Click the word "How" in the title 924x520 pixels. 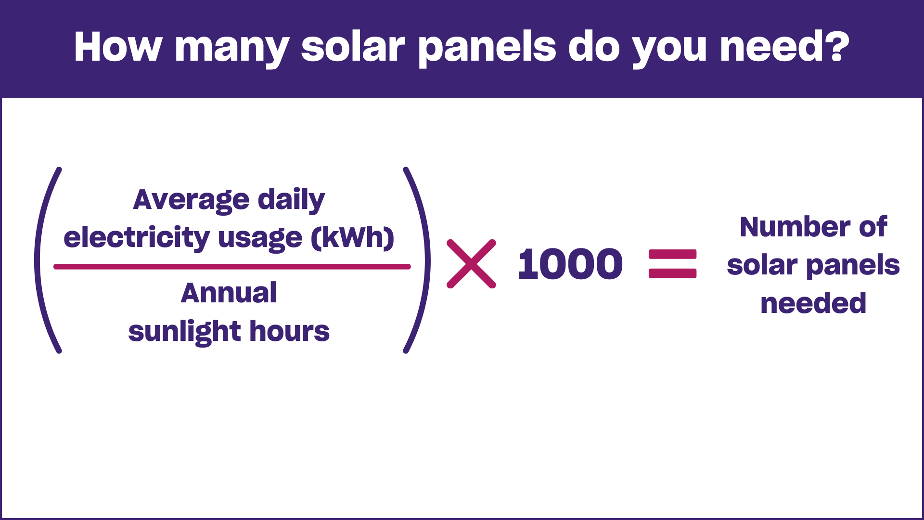click(118, 47)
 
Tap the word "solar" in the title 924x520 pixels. click(353, 47)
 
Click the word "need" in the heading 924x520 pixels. click(769, 47)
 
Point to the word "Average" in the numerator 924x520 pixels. click(191, 200)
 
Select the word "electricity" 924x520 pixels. click(137, 238)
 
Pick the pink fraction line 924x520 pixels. click(232, 267)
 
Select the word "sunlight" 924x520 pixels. click(185, 331)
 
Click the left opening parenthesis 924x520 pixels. click(37, 260)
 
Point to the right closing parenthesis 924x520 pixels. click(428, 260)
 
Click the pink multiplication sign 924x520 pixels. click(471, 264)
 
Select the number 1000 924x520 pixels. click(570, 264)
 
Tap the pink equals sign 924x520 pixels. click(673, 264)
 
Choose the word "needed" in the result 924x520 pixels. click(813, 303)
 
